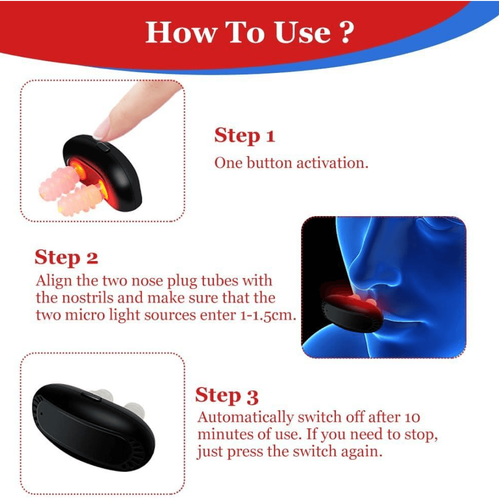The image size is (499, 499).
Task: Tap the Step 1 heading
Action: (x=244, y=136)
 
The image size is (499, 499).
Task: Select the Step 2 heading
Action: (x=66, y=257)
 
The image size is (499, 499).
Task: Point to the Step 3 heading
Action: (x=226, y=396)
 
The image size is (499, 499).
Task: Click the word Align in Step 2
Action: (x=50, y=280)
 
